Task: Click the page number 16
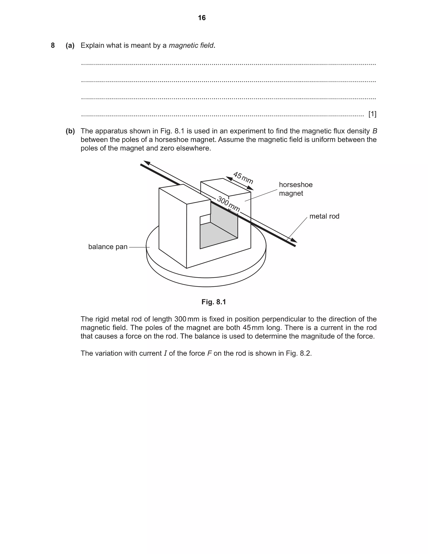[x=202, y=18]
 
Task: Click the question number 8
[x=53, y=45]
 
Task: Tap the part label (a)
[x=70, y=45]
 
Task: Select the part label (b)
[x=70, y=131]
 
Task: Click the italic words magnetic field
[x=191, y=45]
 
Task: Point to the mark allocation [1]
[x=372, y=114]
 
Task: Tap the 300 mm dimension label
[x=228, y=204]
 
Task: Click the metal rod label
[x=324, y=216]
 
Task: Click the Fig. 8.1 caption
[x=214, y=302]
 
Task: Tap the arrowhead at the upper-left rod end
[x=147, y=163]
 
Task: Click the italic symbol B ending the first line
[x=375, y=131]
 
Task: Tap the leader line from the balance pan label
[x=139, y=247]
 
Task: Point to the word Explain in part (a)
[x=92, y=45]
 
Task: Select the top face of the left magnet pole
[x=184, y=194]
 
